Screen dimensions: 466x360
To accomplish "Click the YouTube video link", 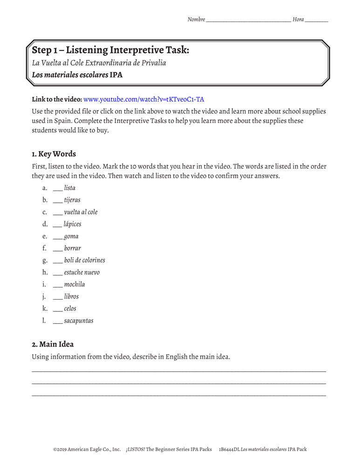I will pos(143,99).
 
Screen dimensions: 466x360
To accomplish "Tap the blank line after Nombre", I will pos(248,21).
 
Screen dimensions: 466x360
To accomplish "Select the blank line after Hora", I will pos(317,21).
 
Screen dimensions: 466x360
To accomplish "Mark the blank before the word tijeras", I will pos(58,201).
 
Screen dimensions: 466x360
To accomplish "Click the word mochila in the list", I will pos(75,284).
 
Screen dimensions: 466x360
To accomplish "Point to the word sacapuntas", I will pos(79,321).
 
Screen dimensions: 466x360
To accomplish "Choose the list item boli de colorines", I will pos(85,260).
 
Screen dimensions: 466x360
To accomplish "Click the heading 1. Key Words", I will pos(54,154).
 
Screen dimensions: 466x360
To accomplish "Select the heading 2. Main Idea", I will pos(53,344).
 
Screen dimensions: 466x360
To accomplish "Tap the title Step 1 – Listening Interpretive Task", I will pos(110,50).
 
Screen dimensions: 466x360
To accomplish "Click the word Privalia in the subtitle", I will pos(153,62).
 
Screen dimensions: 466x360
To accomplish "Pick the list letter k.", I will pos(45,308).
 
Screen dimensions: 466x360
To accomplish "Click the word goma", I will pos(71,236).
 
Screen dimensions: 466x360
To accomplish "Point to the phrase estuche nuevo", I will pos(82,272).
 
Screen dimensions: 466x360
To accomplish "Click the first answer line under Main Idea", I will pos(179,370).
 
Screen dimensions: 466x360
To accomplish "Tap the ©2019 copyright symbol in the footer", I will pos(55,450).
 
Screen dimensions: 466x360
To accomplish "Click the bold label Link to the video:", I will pos(57,99).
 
